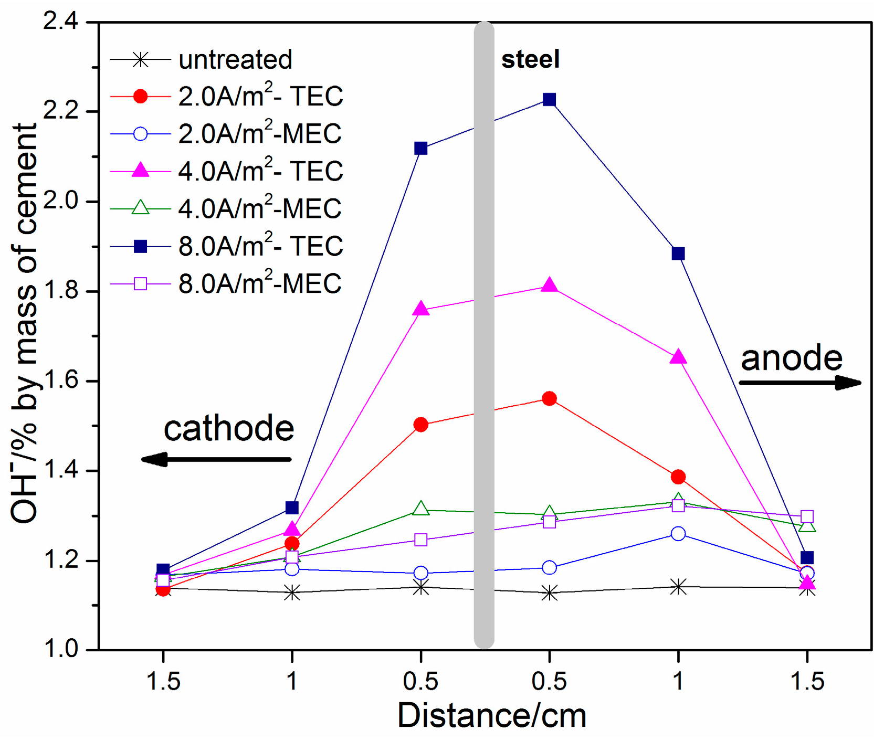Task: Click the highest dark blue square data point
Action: point(549,100)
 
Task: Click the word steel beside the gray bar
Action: point(530,59)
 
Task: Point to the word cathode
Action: point(229,429)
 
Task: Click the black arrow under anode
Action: point(800,383)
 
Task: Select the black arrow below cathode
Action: point(216,459)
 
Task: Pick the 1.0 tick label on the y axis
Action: point(60,649)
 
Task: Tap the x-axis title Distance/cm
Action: point(492,715)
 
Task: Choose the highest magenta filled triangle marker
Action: point(549,285)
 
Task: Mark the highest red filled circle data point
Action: point(549,399)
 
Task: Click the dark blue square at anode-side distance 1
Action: point(678,254)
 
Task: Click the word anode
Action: point(791,358)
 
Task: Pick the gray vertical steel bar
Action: point(483,336)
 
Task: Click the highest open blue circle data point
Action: point(678,534)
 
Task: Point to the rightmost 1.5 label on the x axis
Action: point(807,682)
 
